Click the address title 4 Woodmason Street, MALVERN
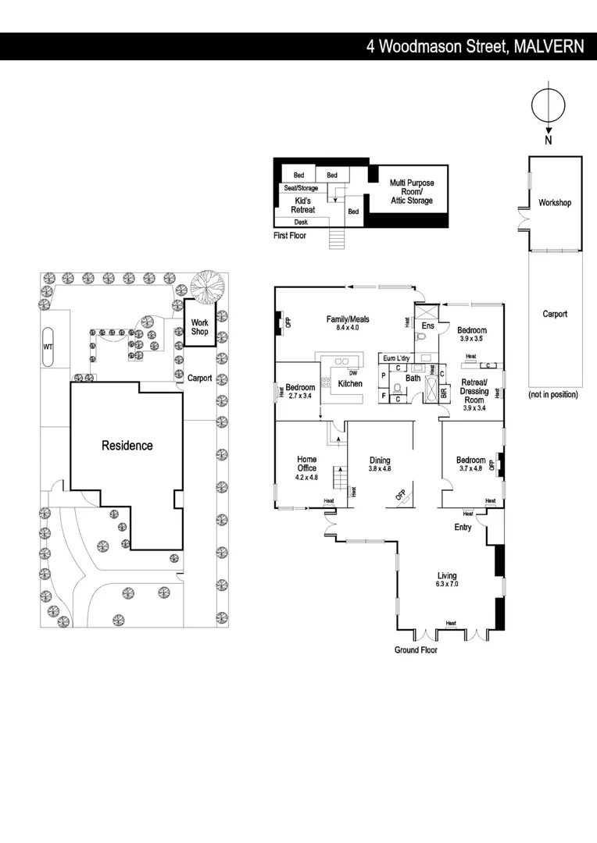475,46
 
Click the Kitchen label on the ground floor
349,384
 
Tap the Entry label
463,528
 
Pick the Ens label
427,325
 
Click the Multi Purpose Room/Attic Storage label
412,192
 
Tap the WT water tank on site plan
48,347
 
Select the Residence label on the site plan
127,446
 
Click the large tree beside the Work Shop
207,286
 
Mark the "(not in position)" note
553,395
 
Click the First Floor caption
290,235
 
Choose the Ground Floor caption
416,649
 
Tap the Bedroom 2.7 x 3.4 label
300,391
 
